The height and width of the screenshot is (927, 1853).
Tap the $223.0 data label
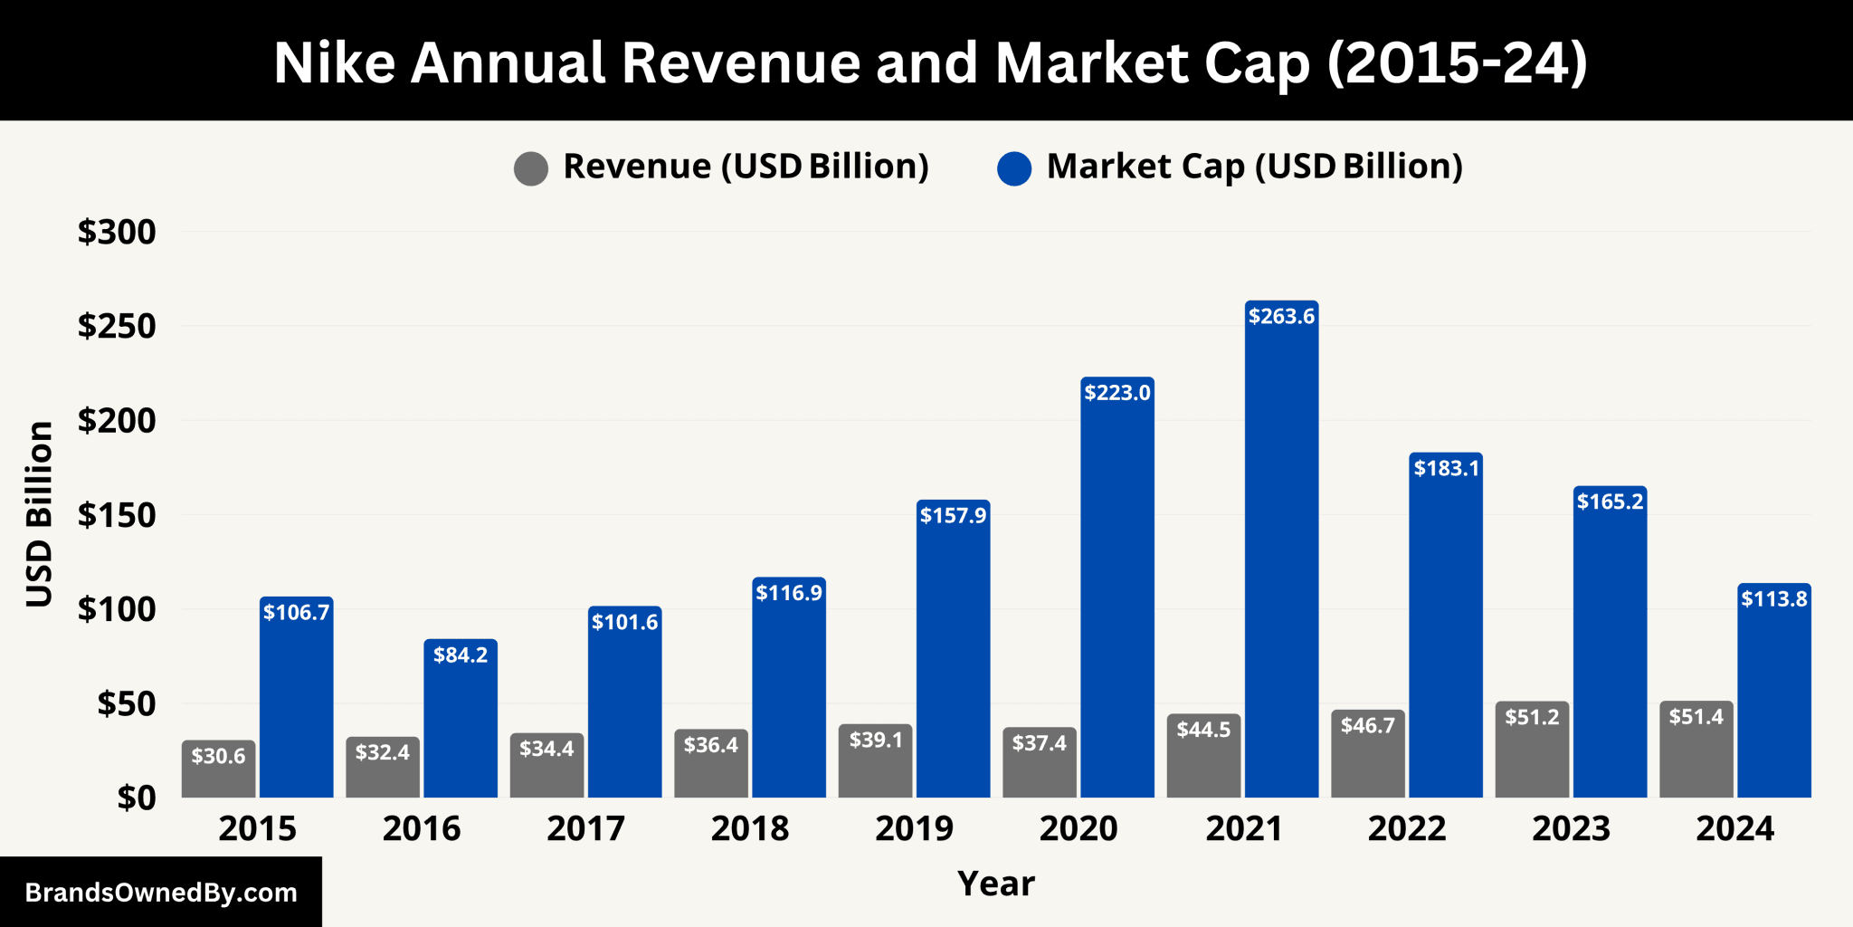(x=1117, y=393)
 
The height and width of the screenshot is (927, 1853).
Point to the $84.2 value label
(x=461, y=655)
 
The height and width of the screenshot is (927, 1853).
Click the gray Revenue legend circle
(x=531, y=168)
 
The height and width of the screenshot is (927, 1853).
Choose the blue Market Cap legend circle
(x=1014, y=168)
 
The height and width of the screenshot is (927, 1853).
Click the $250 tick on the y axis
(x=117, y=326)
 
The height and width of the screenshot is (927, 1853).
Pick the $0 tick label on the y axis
(x=137, y=798)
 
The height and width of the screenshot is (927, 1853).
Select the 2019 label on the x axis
(x=914, y=828)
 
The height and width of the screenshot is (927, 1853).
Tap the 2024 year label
(x=1734, y=828)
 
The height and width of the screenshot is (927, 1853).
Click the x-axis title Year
(x=995, y=883)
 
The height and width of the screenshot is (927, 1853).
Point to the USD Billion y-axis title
(x=39, y=514)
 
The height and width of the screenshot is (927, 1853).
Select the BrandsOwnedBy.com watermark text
(x=161, y=893)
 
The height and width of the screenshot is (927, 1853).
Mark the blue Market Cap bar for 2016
(x=461, y=724)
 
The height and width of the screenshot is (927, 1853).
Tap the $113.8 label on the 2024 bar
(x=1774, y=598)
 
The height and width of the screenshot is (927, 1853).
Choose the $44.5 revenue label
(x=1203, y=730)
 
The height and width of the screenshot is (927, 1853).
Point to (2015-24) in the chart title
(x=1457, y=62)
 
